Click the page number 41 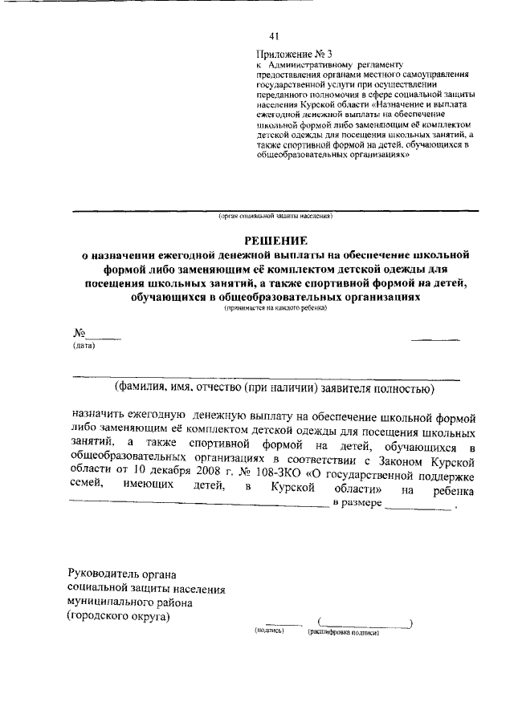(274, 36)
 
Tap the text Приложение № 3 (287, 53)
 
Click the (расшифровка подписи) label (343, 632)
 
